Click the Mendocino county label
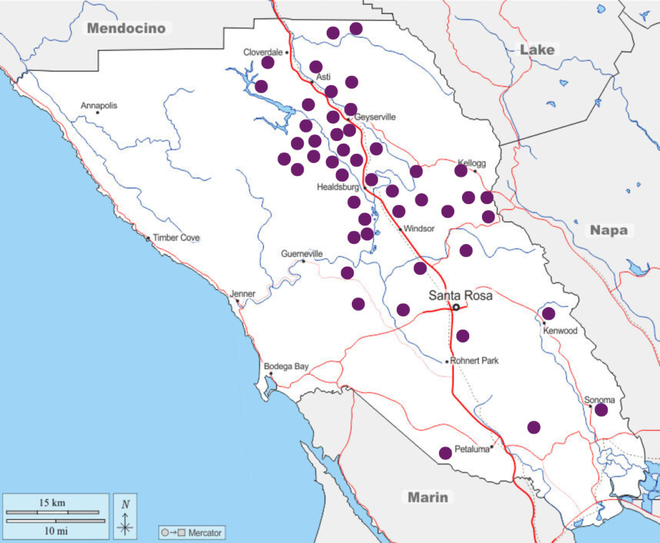(126, 28)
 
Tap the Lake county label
(537, 50)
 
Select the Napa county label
(608, 230)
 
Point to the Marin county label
(427, 497)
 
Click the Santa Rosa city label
(461, 296)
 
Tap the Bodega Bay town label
(286, 367)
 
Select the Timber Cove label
(176, 238)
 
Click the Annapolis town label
(99, 106)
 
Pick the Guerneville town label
(302, 254)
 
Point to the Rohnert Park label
(474, 361)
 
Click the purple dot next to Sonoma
(601, 410)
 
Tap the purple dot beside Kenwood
(548, 314)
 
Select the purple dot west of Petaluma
(445, 453)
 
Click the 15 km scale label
(51, 502)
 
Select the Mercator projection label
(204, 533)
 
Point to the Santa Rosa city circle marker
(456, 307)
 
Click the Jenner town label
(243, 294)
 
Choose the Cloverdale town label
(264, 52)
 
